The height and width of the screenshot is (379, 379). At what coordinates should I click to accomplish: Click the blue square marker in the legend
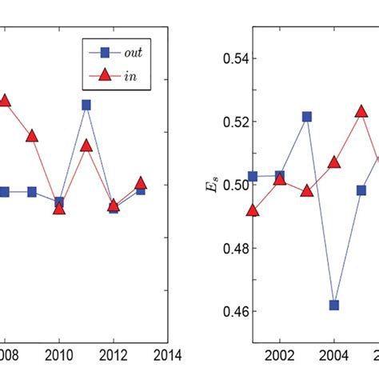click(103, 54)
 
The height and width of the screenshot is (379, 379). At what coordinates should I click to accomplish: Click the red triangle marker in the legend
click(103, 80)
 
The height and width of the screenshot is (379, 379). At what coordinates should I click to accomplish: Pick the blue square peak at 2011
click(86, 105)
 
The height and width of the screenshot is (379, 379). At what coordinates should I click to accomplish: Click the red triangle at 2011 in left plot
click(86, 146)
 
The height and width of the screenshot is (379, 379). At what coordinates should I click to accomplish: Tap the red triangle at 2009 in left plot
click(32, 136)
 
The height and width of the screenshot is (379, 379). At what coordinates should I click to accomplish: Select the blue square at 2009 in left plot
click(32, 192)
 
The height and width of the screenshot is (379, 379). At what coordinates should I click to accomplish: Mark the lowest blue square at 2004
click(334, 305)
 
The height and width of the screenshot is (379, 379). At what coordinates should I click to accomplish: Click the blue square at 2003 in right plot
click(307, 117)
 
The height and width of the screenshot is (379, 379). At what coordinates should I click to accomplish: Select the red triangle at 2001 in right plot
click(253, 211)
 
